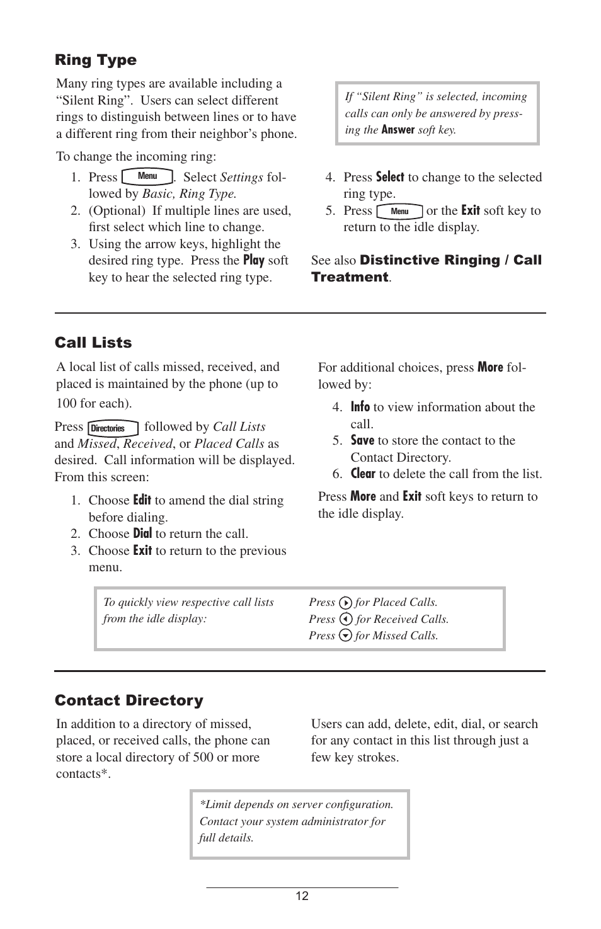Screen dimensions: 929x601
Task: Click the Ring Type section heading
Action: tap(96, 60)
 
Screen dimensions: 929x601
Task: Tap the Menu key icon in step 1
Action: tap(147, 177)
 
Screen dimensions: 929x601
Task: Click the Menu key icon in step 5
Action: tap(399, 211)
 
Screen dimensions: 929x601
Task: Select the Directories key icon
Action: tap(113, 428)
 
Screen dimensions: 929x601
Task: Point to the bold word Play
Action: tap(253, 260)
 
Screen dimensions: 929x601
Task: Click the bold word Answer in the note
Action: tap(398, 130)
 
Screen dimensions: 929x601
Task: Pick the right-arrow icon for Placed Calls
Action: tap(345, 603)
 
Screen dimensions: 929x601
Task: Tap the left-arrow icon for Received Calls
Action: tap(345, 619)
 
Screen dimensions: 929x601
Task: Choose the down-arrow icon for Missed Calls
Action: tap(345, 635)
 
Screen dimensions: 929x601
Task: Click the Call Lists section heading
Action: tap(93, 343)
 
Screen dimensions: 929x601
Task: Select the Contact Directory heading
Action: tap(129, 700)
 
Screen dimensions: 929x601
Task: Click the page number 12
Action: tap(302, 896)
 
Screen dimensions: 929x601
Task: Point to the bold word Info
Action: tap(360, 407)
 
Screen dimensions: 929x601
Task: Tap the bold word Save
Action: tap(362, 440)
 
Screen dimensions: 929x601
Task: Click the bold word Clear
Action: tap(363, 474)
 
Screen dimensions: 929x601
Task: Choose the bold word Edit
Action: tap(142, 500)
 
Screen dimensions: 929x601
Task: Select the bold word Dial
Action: tap(142, 533)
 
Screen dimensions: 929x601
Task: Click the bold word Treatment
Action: tap(350, 277)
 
